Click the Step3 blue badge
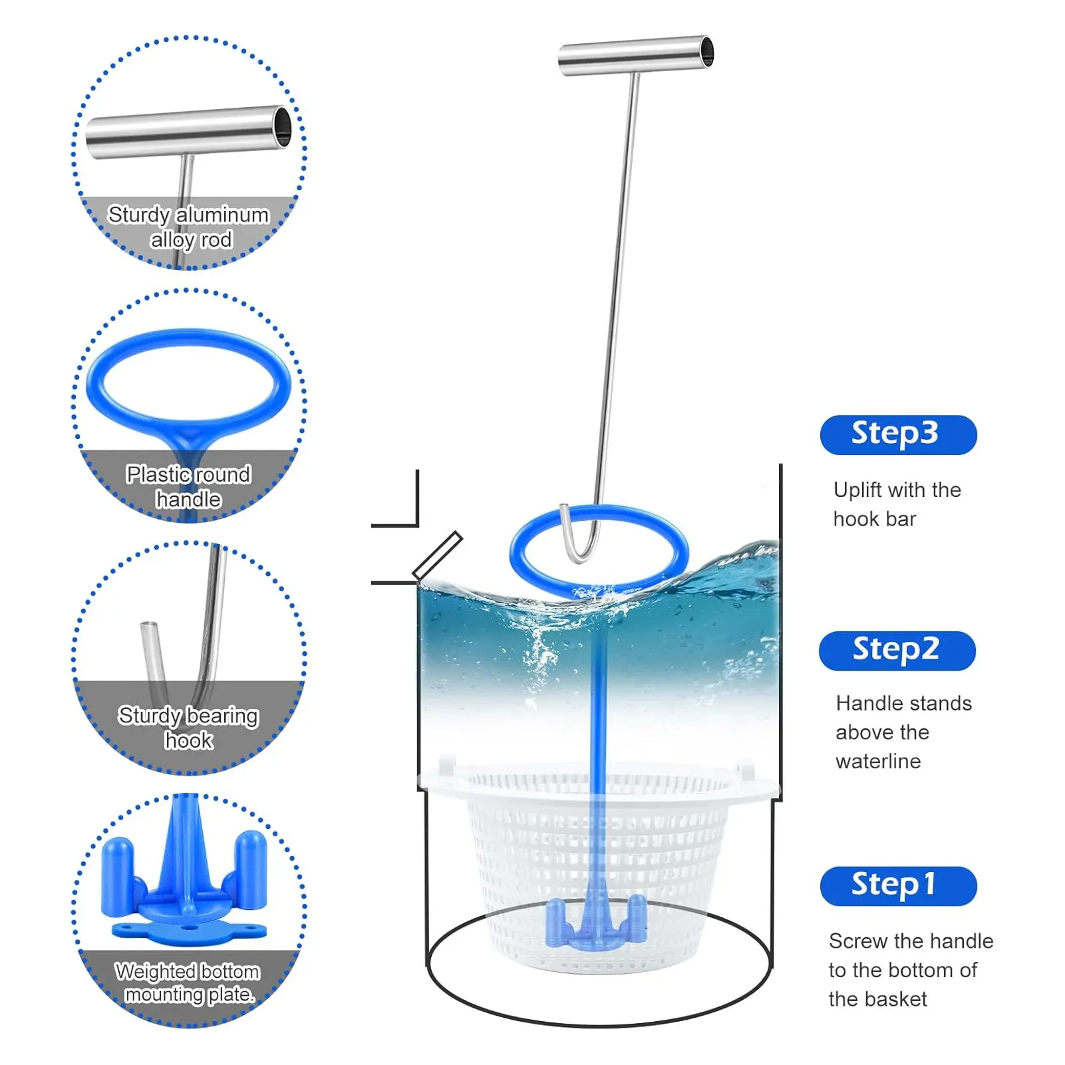coord(898,434)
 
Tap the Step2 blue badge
coord(897,651)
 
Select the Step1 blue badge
coord(898,886)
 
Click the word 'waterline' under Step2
coord(878,761)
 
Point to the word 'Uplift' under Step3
coord(857,490)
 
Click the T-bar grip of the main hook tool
coord(636,55)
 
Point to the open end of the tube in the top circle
coord(283,126)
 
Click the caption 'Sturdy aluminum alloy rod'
coord(189,227)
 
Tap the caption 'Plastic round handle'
coord(189,486)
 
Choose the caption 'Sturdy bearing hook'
coord(189,727)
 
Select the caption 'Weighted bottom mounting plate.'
coord(188,983)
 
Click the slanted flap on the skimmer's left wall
coord(437,555)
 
